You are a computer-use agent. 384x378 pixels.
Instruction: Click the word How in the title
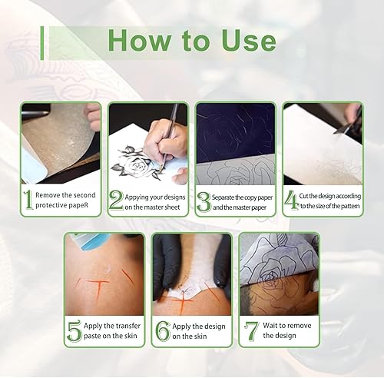pyautogui.click(x=140, y=41)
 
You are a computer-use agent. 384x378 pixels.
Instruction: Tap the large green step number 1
pyautogui.click(x=28, y=200)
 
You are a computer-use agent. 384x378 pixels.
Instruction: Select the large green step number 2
pyautogui.click(x=116, y=201)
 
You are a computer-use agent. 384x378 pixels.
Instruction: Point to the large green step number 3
pyautogui.click(x=204, y=202)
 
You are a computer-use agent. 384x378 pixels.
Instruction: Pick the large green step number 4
pyautogui.click(x=292, y=201)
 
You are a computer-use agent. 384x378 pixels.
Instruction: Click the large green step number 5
pyautogui.click(x=74, y=331)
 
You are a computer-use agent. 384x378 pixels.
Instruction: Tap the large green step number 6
pyautogui.click(x=163, y=331)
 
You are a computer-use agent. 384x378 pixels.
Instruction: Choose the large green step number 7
pyautogui.click(x=251, y=331)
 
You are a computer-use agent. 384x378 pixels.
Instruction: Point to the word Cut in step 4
pyautogui.click(x=303, y=196)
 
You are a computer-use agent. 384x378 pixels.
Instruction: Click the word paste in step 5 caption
pyautogui.click(x=92, y=336)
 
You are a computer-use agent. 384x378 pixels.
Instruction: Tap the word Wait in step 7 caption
pyautogui.click(x=270, y=326)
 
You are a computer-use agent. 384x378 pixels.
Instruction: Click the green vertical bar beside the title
pyautogui.click(x=42, y=43)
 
